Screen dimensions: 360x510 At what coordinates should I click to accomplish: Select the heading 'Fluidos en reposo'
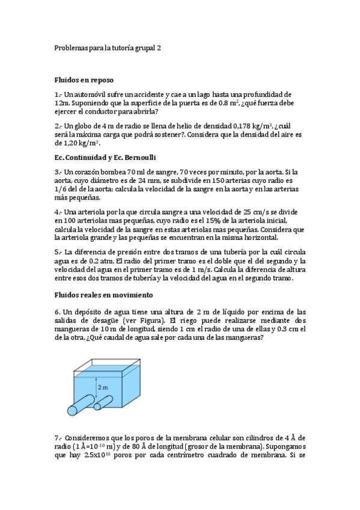(84, 79)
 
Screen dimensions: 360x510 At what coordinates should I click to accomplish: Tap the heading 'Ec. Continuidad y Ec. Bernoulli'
(105, 158)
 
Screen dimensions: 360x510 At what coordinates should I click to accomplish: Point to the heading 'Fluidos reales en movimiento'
(103, 295)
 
